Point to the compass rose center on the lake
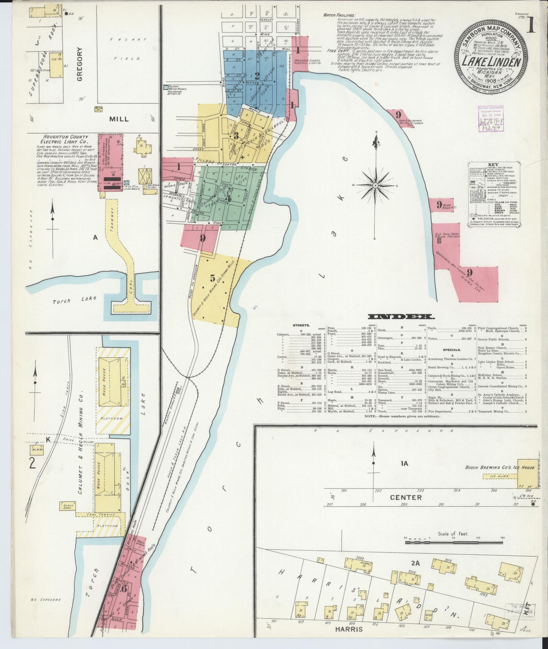[x=375, y=185]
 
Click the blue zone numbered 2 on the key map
[x=257, y=75]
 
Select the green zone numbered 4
[x=229, y=198]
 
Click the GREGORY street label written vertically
[x=80, y=64]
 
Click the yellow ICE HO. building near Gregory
[x=56, y=66]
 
